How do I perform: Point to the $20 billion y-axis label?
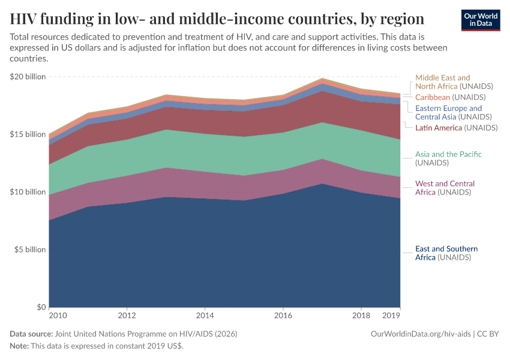pos(28,77)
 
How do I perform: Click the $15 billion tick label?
pos(28,134)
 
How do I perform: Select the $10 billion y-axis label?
pos(28,192)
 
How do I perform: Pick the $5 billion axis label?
pos(29,250)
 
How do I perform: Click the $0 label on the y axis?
pos(40,307)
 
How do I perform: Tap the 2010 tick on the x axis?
pos(58,315)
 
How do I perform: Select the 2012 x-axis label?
pos(127,315)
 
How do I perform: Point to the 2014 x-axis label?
pos(205,315)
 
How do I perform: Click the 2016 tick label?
pos(283,315)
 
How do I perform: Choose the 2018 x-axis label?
pos(361,315)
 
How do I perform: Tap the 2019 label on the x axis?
pos(391,315)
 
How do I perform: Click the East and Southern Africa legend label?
pos(446,253)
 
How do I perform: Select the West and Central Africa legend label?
pos(445,188)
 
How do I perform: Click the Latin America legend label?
pos(456,128)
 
